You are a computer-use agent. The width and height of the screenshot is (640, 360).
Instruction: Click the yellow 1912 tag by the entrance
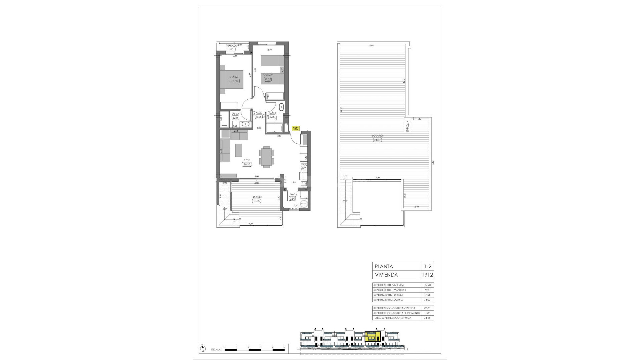click(296, 128)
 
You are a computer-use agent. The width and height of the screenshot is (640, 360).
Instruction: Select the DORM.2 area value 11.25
click(268, 79)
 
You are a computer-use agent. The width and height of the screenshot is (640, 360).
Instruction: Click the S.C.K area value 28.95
click(247, 164)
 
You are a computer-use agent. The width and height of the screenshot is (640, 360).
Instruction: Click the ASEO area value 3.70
click(235, 118)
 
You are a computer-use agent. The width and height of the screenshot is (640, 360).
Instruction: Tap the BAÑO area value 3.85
click(272, 117)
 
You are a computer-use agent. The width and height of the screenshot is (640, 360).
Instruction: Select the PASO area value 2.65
click(259, 117)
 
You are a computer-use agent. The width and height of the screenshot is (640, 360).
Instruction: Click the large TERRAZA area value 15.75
click(256, 201)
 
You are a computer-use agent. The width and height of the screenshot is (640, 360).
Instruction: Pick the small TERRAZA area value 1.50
click(231, 49)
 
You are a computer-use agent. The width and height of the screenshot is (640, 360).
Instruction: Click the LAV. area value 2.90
click(292, 199)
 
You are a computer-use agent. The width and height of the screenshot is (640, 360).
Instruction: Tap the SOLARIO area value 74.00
click(377, 140)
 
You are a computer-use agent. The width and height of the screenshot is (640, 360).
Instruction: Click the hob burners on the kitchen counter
click(304, 167)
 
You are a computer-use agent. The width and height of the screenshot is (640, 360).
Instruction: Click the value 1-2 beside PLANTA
click(427, 266)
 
